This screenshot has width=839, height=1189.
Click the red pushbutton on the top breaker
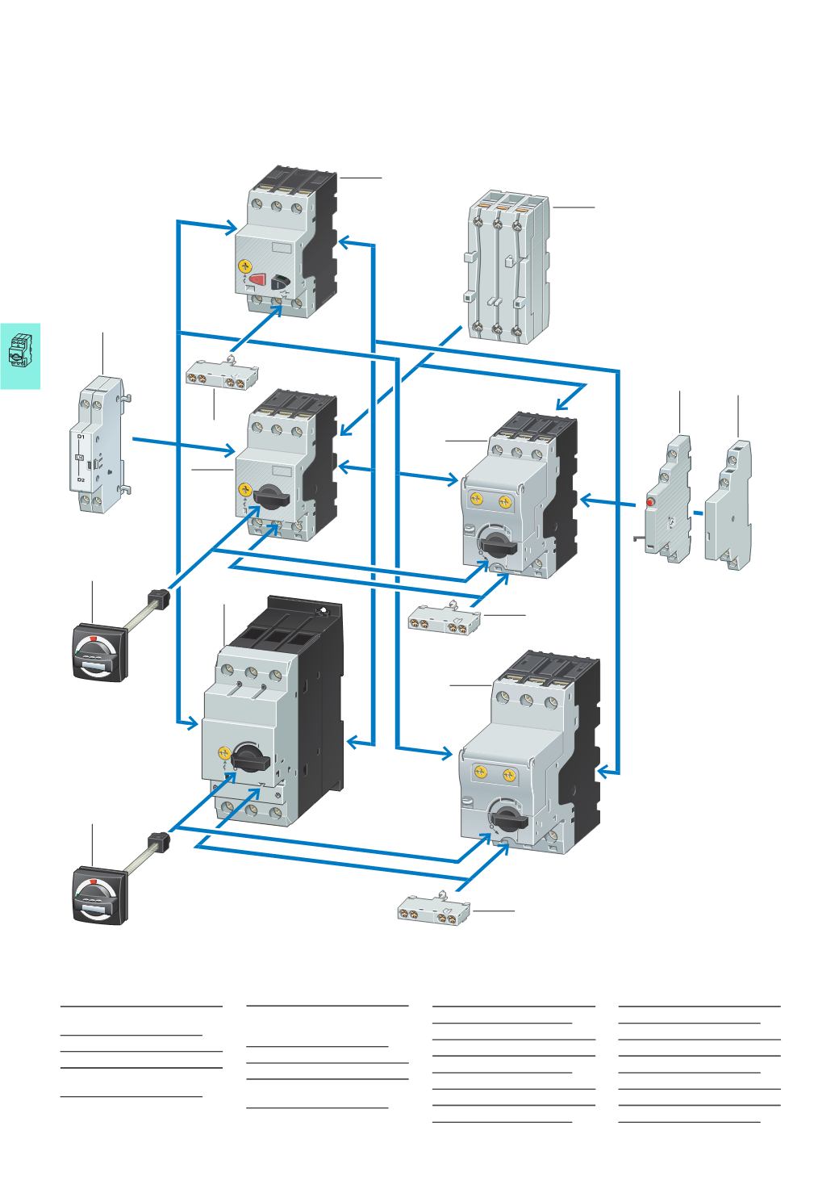tap(258, 280)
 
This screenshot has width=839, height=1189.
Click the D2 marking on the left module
tap(81, 479)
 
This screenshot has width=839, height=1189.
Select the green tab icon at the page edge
tap(20, 356)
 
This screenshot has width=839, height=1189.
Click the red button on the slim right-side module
tap(649, 504)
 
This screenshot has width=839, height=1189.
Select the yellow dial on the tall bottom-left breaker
tap(224, 753)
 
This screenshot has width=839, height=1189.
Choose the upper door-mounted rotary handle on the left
tap(98, 650)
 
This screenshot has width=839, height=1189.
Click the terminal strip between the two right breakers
tap(444, 622)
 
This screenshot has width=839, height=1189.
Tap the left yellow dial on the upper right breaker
tap(476, 500)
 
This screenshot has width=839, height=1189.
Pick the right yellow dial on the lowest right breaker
tap(508, 775)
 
